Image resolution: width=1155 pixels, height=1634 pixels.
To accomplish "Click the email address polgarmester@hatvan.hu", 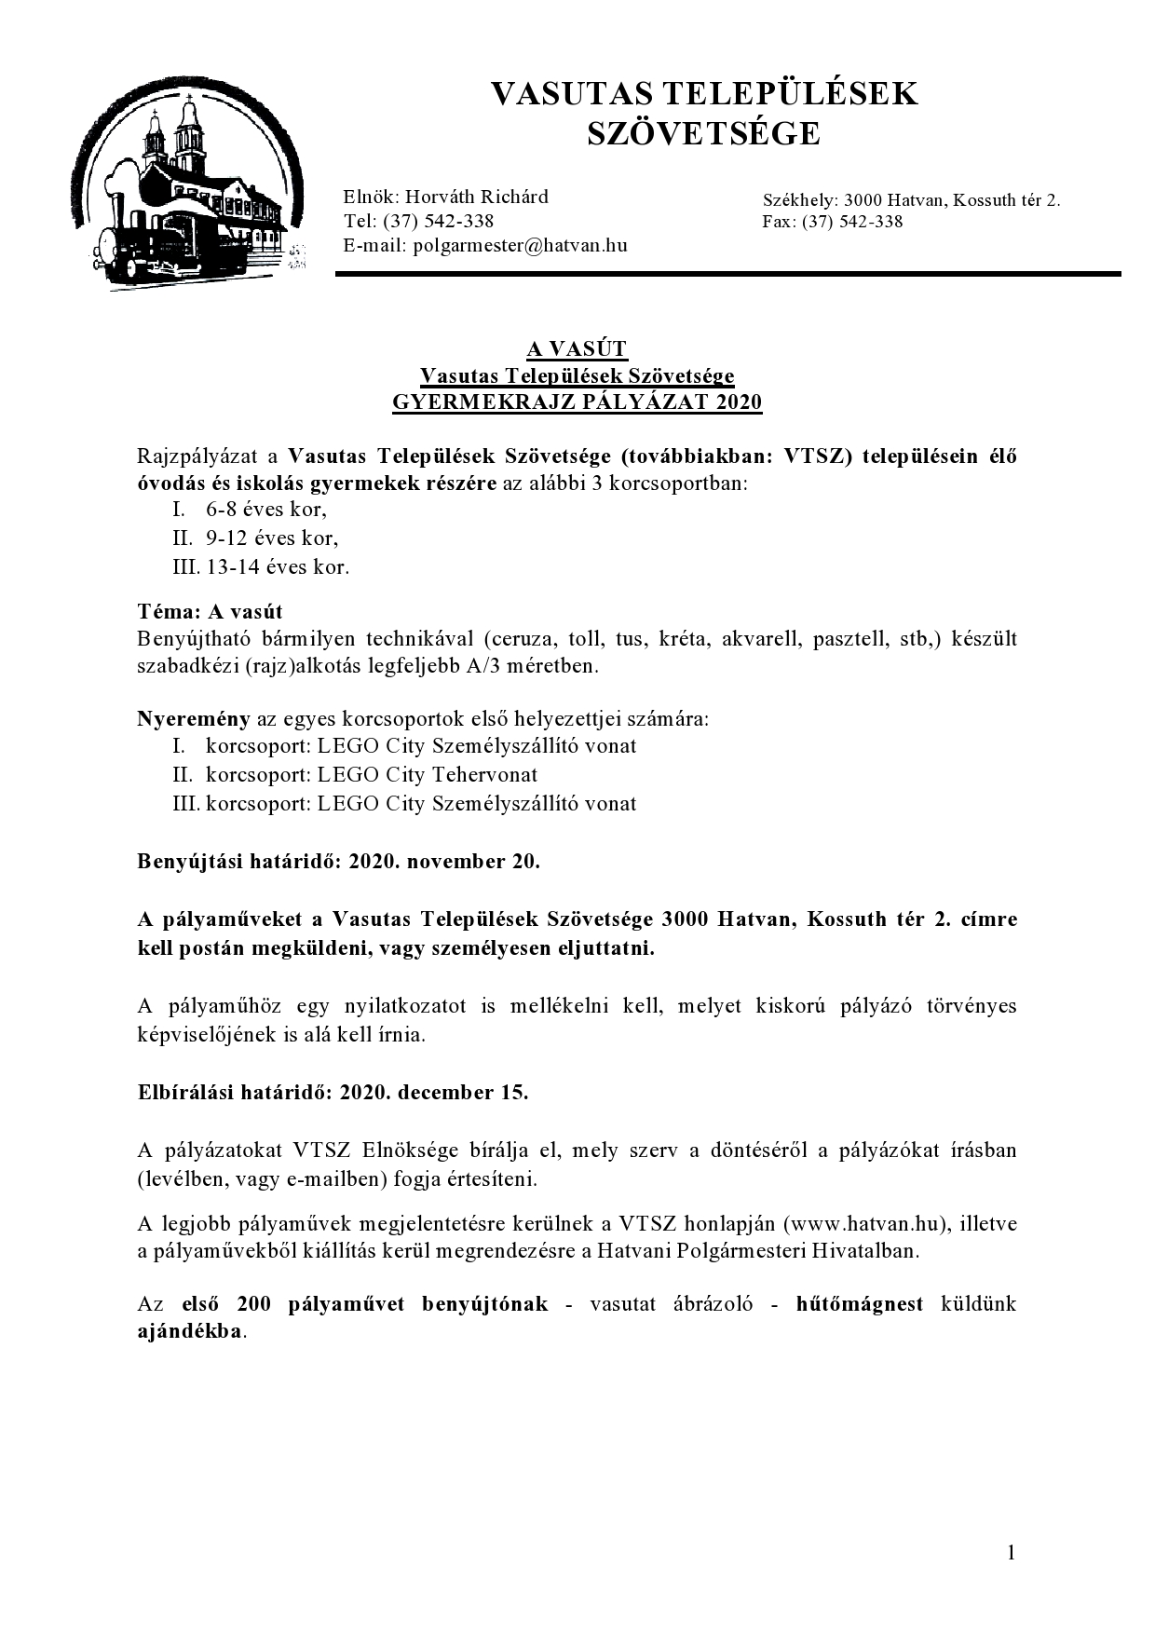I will tap(520, 246).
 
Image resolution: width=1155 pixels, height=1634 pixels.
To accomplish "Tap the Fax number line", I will tap(832, 222).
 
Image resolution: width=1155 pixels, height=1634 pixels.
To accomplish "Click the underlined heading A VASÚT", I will tap(577, 349).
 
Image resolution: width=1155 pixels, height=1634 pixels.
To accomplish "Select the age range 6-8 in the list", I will tap(227, 510).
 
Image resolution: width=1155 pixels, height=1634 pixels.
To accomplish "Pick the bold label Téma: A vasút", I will tap(210, 612).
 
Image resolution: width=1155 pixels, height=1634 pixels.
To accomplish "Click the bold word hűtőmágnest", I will tap(860, 1304).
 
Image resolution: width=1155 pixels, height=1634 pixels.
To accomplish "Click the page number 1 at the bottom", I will tap(1012, 1552).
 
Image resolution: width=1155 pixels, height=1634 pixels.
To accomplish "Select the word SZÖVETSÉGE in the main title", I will tap(703, 134).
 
